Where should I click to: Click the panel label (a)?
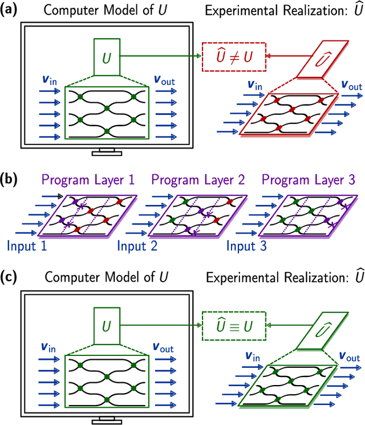coord(11,10)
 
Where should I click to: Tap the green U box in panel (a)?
coord(107,58)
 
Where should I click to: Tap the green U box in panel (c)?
coord(107,327)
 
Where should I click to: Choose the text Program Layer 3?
coord(309,181)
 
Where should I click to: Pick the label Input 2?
coord(137,247)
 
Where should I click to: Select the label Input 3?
coord(247,247)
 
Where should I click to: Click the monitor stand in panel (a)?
coord(107,151)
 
